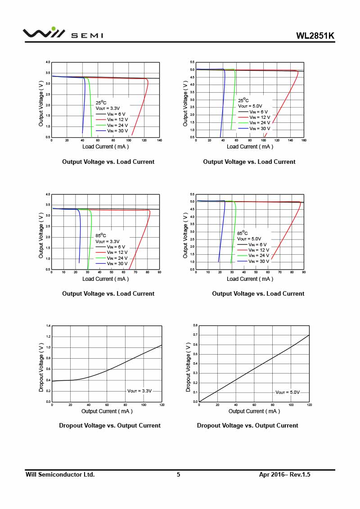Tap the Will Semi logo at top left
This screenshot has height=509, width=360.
[x=63, y=33]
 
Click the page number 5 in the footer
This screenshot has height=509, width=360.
[x=178, y=474]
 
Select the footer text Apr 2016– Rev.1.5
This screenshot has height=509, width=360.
[x=285, y=474]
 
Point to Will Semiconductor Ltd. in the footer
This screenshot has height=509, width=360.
[x=60, y=474]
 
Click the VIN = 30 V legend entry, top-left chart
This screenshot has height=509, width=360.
[x=117, y=131]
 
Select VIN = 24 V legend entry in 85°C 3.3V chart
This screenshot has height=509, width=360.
[x=117, y=258]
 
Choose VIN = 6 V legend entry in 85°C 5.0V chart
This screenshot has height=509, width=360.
[x=258, y=244]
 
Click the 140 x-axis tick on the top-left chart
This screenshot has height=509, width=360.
[x=159, y=140]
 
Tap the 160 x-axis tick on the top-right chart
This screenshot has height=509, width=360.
[x=304, y=140]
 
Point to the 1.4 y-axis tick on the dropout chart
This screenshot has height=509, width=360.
[x=49, y=325]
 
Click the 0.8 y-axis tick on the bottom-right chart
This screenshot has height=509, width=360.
[x=195, y=325]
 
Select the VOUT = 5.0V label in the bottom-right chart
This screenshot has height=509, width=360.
[x=288, y=392]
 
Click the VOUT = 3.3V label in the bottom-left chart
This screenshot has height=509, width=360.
[x=139, y=391]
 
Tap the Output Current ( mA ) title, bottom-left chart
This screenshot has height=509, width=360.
[x=107, y=411]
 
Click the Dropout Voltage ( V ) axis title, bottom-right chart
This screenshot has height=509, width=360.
[x=189, y=366]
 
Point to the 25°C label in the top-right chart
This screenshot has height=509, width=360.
[x=243, y=100]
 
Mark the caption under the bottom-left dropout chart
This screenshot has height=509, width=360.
[x=109, y=425]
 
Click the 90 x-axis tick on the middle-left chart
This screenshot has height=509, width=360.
[x=159, y=272]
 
